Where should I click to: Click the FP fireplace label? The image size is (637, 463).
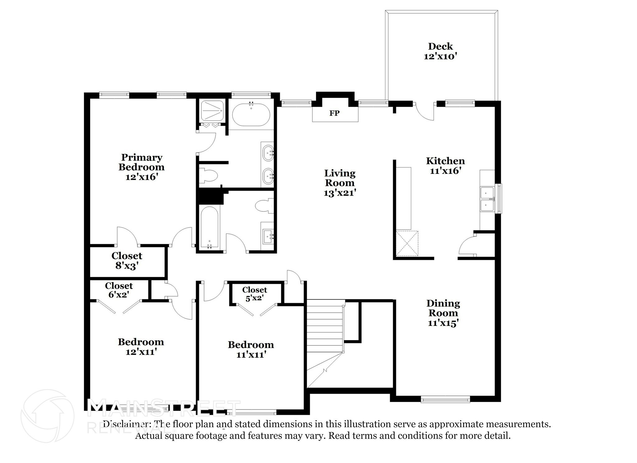(x=334, y=113)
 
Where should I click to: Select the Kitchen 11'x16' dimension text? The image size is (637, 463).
(x=445, y=171)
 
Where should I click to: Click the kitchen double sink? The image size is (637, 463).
(x=487, y=199)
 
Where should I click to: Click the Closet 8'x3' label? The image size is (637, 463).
(x=127, y=261)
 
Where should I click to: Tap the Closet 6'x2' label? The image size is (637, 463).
(x=119, y=290)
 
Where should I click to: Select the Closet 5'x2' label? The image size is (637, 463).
(x=254, y=294)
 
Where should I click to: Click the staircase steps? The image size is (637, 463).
(x=325, y=330)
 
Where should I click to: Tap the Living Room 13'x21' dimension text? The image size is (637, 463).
(x=340, y=193)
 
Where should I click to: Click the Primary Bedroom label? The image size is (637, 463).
(x=142, y=162)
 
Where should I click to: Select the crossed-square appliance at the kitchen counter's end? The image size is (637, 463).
(x=407, y=243)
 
